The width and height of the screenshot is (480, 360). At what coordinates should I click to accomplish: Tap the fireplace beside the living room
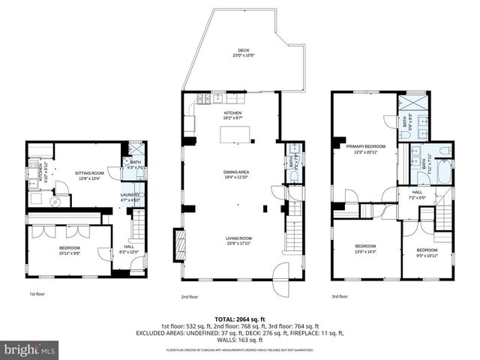click(178, 244)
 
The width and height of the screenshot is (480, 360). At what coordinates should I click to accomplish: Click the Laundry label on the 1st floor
click(130, 197)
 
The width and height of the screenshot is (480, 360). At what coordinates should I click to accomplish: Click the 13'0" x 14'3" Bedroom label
click(365, 248)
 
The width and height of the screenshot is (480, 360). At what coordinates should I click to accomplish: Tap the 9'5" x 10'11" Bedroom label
click(427, 252)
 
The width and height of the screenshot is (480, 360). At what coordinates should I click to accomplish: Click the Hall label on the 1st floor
click(129, 248)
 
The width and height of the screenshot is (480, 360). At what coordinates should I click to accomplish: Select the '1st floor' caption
click(37, 295)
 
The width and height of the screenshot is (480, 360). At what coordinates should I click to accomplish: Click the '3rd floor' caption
click(340, 295)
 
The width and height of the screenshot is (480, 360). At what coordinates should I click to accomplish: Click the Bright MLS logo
click(30, 350)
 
